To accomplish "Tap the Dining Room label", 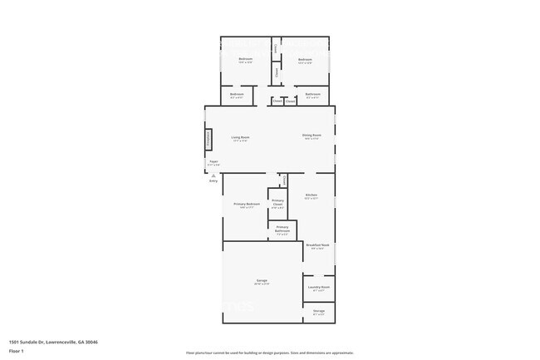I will pos(312,138).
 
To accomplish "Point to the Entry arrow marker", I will pos(214,177).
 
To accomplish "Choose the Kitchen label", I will pos(311,196).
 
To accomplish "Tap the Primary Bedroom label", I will pos(247,205).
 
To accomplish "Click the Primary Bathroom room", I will pos(282,229).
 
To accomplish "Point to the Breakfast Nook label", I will pos(317,246).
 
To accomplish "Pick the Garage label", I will pos(261,282).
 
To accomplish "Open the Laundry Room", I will pos(319,288).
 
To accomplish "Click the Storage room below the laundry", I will pos(319,313).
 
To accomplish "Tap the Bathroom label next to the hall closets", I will pos(313,95).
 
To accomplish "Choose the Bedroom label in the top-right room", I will pos(305,60).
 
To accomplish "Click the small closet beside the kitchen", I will pos(283,180).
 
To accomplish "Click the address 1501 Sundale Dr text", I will pos(53,342).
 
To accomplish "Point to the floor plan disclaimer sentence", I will pos(270,353).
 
